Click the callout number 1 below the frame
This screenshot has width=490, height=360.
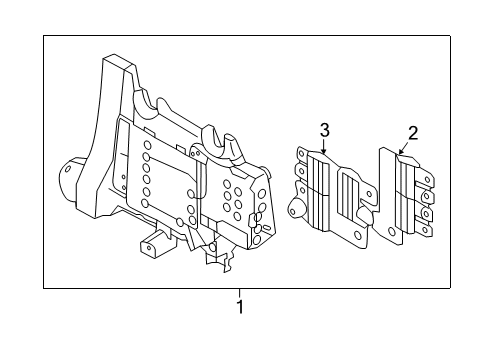click(239, 306)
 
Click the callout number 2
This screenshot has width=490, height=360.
click(412, 132)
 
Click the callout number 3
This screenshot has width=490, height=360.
click(324, 129)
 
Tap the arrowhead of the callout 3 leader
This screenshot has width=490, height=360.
click(324, 152)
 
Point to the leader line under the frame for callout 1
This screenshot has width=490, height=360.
click(239, 292)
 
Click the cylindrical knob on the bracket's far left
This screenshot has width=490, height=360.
click(72, 175)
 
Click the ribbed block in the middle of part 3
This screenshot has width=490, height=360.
click(326, 195)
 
